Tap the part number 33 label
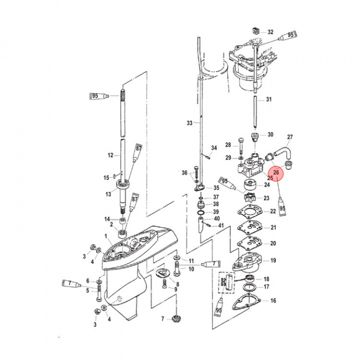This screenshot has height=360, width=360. [189, 122]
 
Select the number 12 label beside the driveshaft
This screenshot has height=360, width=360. [110, 155]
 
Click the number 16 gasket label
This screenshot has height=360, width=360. [273, 300]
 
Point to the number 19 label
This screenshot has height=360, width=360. [273, 260]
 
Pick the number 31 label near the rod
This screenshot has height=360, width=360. [268, 99]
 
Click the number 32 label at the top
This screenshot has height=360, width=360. [270, 31]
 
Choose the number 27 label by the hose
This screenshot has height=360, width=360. [290, 136]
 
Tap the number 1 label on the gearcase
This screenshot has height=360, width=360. [106, 235]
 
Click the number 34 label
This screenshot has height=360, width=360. [214, 148]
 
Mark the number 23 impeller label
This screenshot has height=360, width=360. [266, 198]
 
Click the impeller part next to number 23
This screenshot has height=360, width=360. [250, 199]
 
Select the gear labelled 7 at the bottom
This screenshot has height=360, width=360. [175, 319]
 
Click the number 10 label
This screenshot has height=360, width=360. [191, 269]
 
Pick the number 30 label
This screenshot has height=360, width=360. [270, 134]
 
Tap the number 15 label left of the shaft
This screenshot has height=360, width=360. [106, 177]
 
